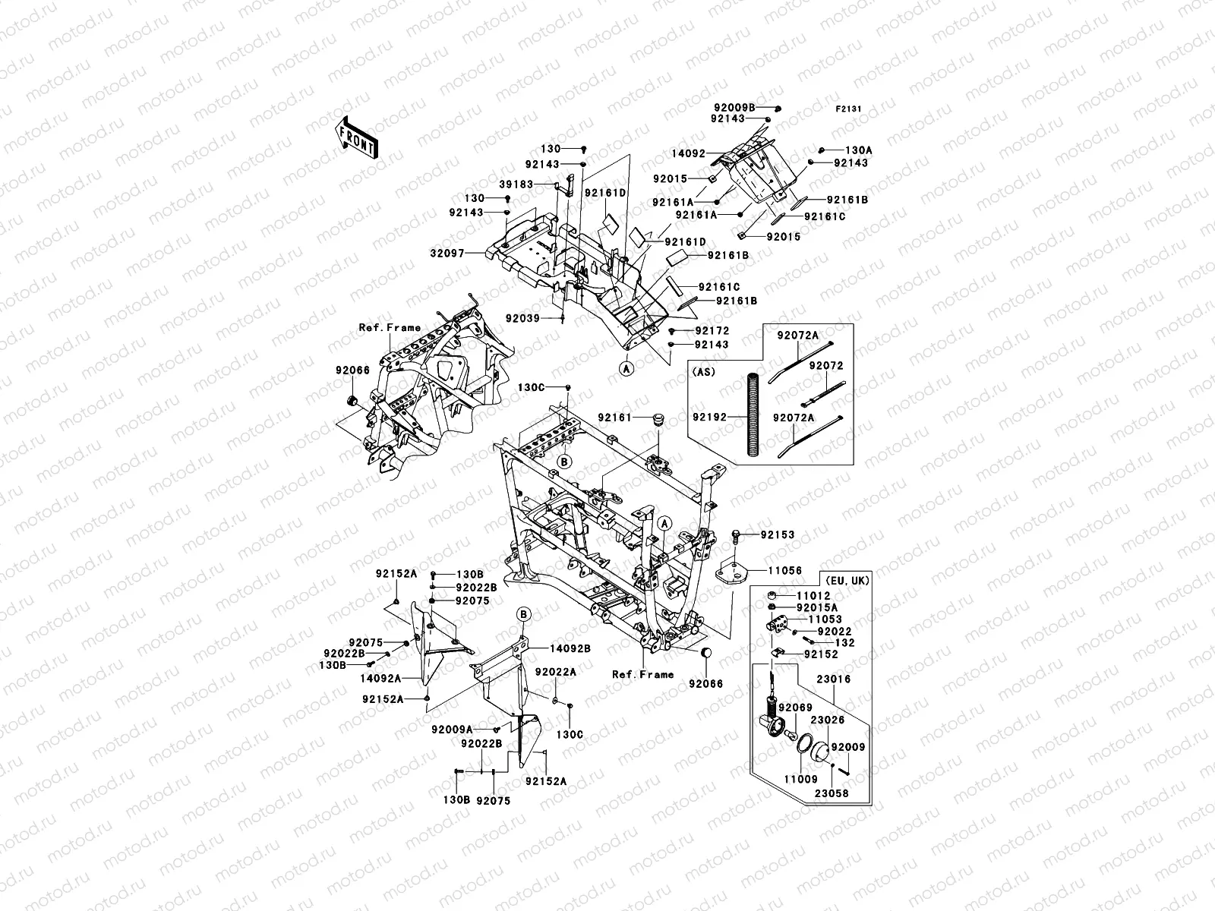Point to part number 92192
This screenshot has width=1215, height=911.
click(x=710, y=417)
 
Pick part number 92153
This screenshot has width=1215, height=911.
click(x=776, y=534)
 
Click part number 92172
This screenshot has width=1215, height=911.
click(x=711, y=331)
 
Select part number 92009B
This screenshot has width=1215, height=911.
click(x=734, y=108)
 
